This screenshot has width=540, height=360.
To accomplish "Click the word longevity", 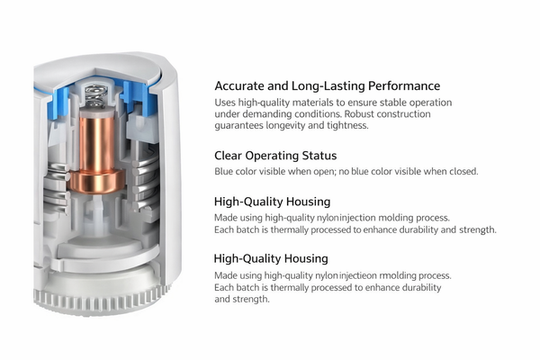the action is point(285,125).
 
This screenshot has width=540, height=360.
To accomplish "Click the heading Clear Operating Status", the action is point(275,156).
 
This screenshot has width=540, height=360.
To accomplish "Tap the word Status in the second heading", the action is point(319,156).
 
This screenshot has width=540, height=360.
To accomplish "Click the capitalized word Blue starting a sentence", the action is point(223,171).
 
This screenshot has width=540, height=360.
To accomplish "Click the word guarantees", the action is point(238,126).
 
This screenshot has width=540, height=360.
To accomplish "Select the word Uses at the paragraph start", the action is point(225,103).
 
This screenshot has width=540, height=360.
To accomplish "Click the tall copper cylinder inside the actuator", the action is point(97,142).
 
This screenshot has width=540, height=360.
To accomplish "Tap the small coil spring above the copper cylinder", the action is point(95,95).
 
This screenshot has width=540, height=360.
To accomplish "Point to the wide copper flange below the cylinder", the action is point(97,182).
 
